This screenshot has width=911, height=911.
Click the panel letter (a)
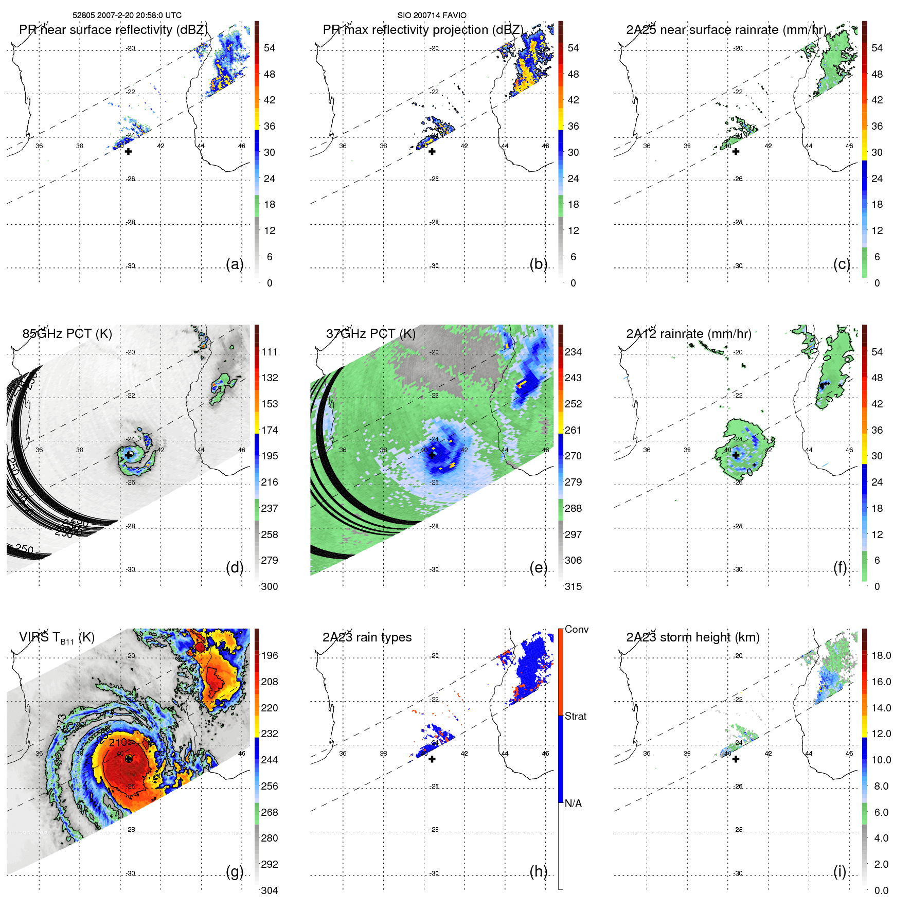234,264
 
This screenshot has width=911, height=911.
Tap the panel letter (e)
538,567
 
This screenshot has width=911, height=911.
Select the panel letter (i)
839,871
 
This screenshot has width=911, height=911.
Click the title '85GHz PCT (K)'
67,333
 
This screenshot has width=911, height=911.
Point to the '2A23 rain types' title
367,637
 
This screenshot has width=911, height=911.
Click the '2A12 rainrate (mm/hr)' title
688,333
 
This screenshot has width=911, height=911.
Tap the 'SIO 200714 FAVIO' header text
432,15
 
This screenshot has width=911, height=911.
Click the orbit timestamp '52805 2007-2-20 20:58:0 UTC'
127,15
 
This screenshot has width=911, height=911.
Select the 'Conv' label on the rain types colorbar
576,629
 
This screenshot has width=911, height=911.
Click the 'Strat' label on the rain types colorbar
575,716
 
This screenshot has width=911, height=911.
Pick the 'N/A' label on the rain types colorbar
573,803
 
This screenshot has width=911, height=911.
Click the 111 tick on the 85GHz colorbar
269,352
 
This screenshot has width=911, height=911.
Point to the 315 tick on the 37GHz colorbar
573,586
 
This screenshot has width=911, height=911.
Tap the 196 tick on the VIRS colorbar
269,655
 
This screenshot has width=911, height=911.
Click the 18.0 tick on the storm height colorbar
881,655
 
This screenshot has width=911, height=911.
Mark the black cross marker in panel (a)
128,151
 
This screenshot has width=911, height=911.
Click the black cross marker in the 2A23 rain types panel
432,759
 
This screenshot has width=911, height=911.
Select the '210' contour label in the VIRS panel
117,742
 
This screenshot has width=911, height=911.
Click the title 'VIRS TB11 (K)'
57,637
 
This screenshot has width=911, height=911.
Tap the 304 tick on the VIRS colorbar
269,890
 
